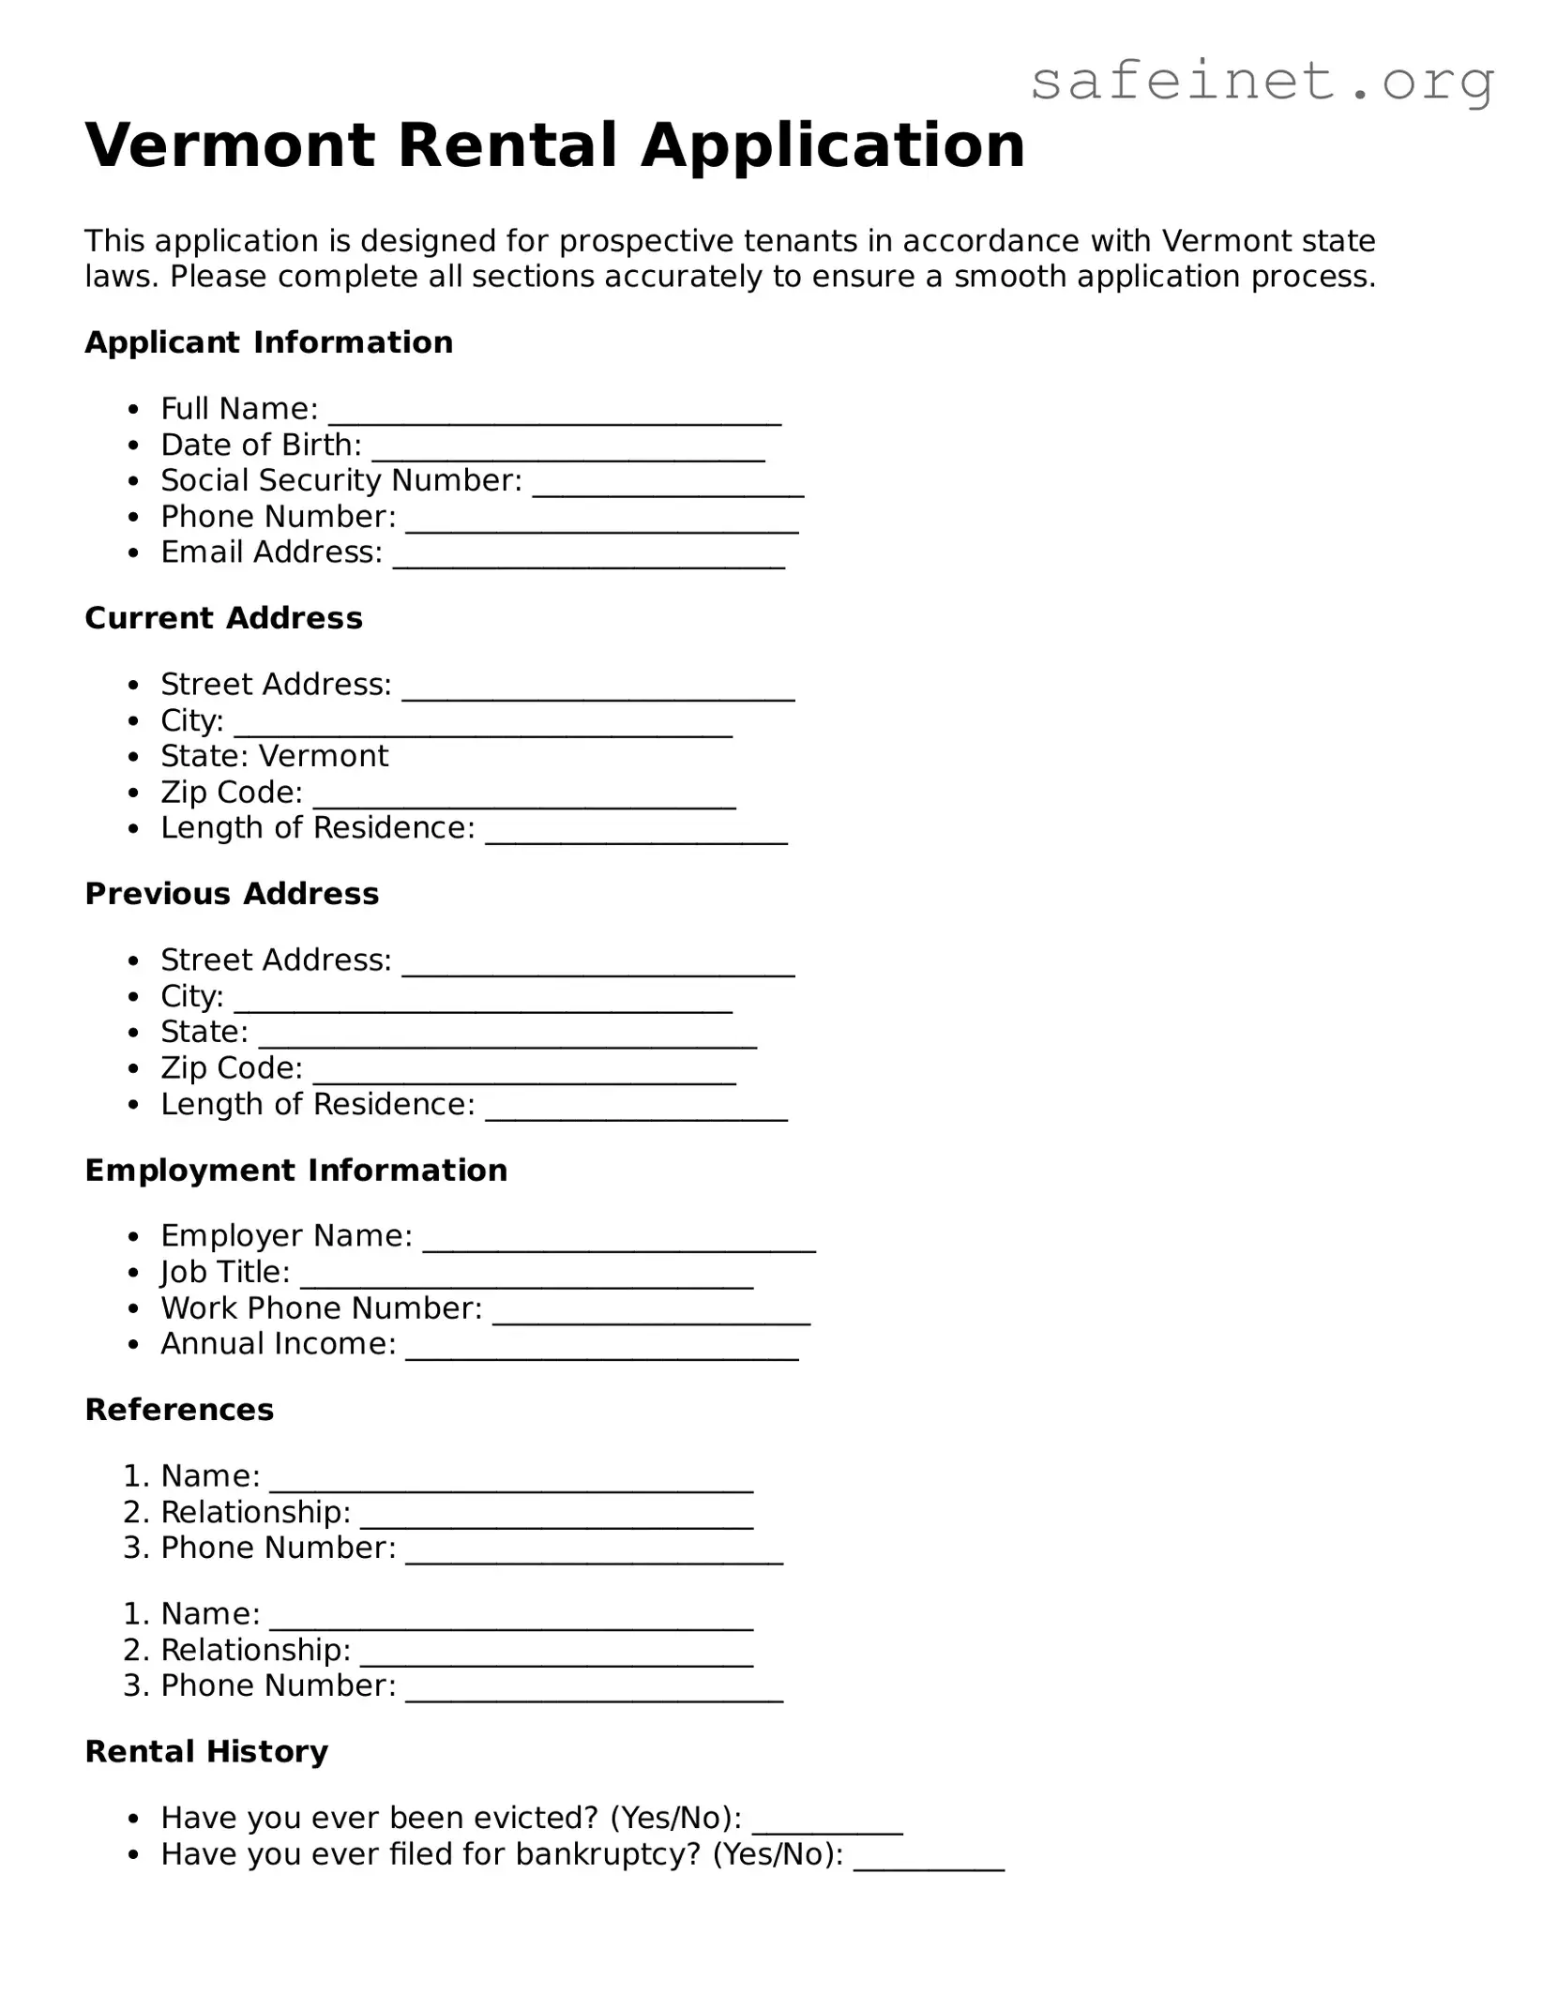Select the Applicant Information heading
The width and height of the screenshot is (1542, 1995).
(x=268, y=342)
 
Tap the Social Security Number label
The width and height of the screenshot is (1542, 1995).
(x=340, y=480)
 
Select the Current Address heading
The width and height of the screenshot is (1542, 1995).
(x=223, y=618)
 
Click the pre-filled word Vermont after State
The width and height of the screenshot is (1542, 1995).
(x=324, y=756)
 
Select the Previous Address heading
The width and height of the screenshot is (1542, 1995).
(x=232, y=894)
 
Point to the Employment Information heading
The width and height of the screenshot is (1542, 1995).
(x=295, y=1171)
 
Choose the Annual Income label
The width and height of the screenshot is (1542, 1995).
(x=278, y=1344)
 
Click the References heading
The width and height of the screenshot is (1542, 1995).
(x=179, y=1410)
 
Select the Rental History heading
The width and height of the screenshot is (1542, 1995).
(x=206, y=1751)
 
